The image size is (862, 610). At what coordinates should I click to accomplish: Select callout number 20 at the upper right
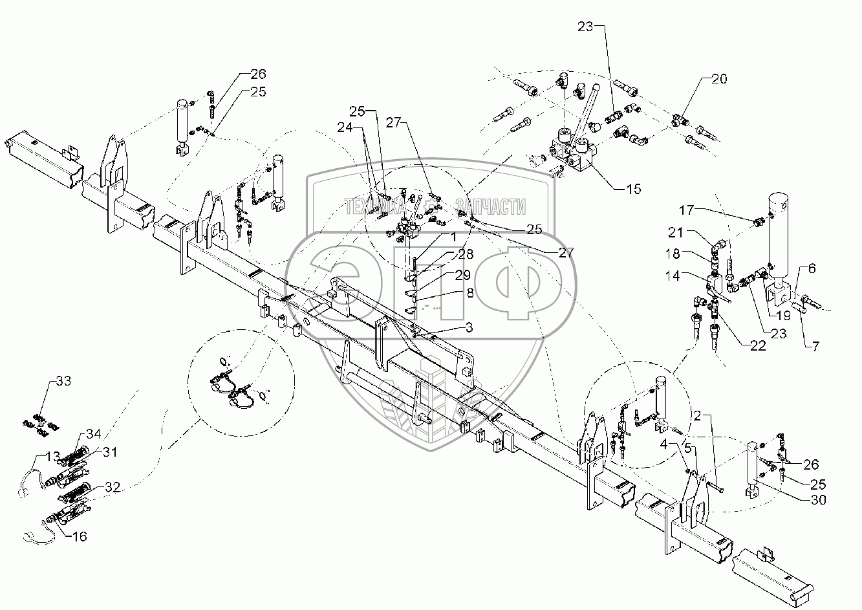pyautogui.click(x=719, y=79)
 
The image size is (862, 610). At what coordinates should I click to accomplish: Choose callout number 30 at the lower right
pyautogui.click(x=812, y=268)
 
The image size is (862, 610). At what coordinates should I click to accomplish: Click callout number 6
pyautogui.click(x=812, y=268)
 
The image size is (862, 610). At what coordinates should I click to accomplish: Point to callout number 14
pyautogui.click(x=672, y=275)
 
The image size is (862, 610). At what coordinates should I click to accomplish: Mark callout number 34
pyautogui.click(x=94, y=434)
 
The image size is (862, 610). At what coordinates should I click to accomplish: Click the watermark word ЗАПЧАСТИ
pyautogui.click(x=491, y=207)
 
